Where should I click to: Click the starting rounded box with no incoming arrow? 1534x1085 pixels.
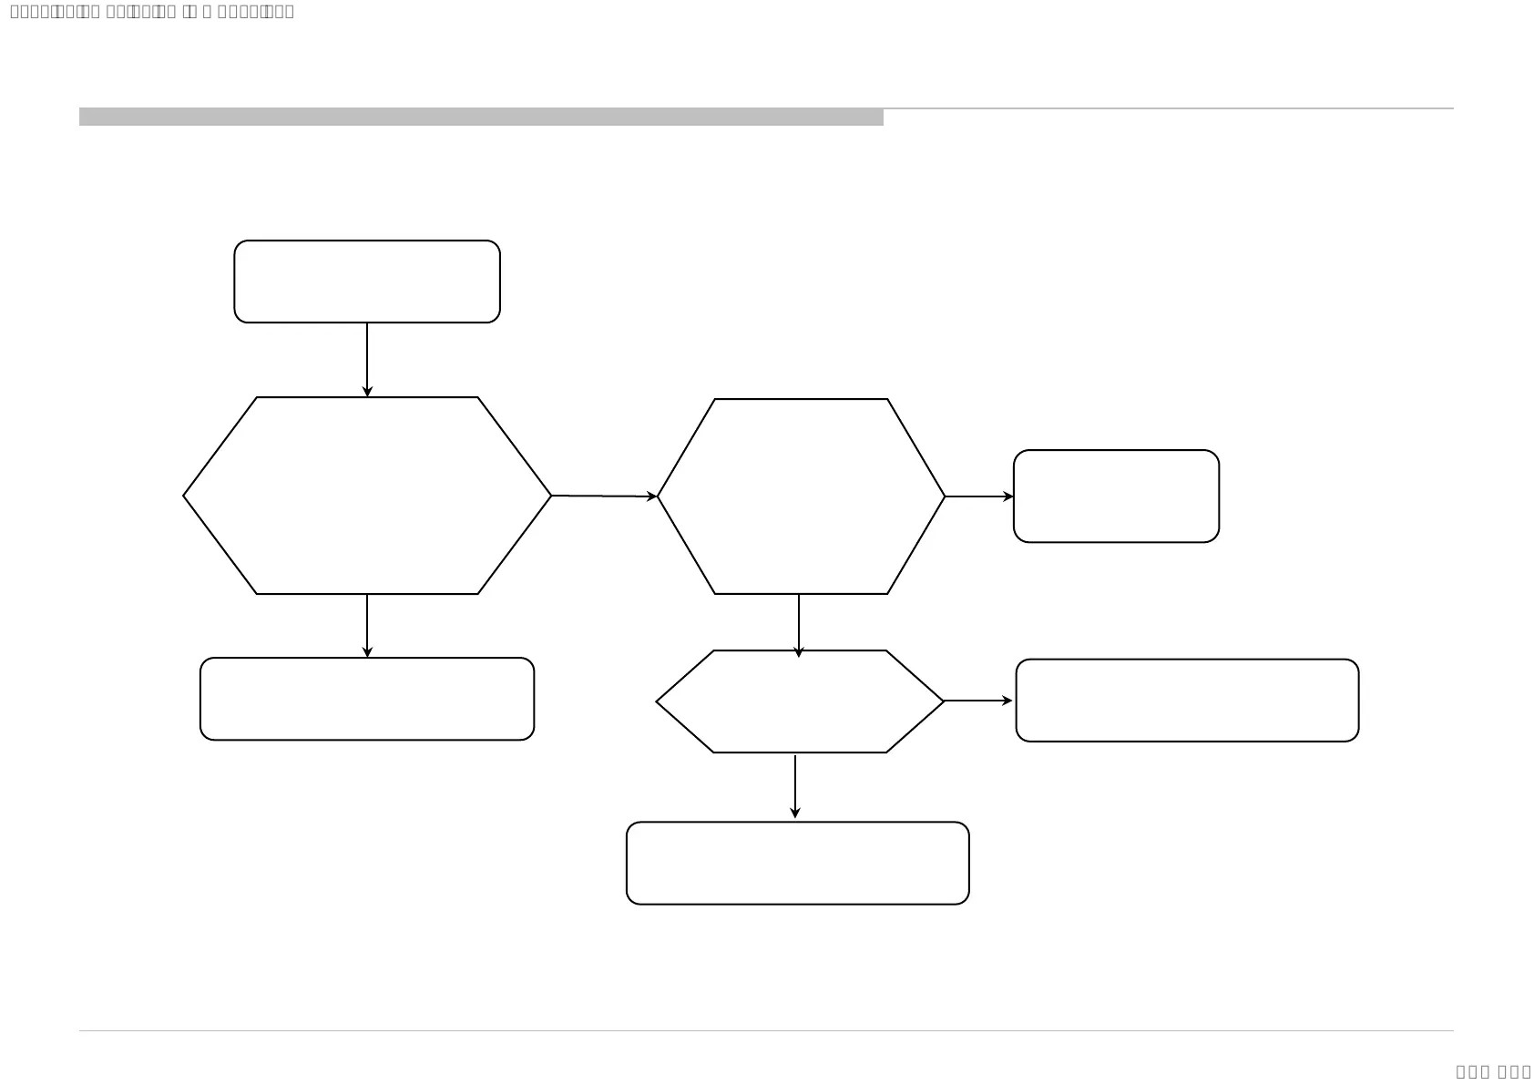pos(367,281)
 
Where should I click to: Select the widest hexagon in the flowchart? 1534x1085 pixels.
pos(367,496)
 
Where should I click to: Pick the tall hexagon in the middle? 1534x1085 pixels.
pos(801,496)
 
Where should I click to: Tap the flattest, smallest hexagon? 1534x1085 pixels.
pos(800,701)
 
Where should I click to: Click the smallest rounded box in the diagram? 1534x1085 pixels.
pos(1116,496)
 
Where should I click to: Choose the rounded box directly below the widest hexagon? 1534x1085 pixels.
pos(367,699)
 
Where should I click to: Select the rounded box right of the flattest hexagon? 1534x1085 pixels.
pos(1187,701)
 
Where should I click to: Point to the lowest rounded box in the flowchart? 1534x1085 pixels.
pos(798,863)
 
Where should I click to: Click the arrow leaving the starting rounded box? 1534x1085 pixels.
pos(367,359)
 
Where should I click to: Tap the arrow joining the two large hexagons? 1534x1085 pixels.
pos(604,496)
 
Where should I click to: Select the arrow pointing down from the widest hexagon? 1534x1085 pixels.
pos(367,626)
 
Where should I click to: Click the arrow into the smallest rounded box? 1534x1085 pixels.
pos(979,496)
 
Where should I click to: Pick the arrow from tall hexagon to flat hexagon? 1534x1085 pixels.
pos(799,625)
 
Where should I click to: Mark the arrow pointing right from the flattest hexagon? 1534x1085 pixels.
pos(978,701)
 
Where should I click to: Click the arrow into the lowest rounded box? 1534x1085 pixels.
pos(795,786)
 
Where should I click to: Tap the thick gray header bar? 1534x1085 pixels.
pos(481,117)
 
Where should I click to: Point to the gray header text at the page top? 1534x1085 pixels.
pos(152,12)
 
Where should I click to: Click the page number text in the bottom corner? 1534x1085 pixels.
pos(1493,1071)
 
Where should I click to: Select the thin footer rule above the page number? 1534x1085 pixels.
pos(766,1031)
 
